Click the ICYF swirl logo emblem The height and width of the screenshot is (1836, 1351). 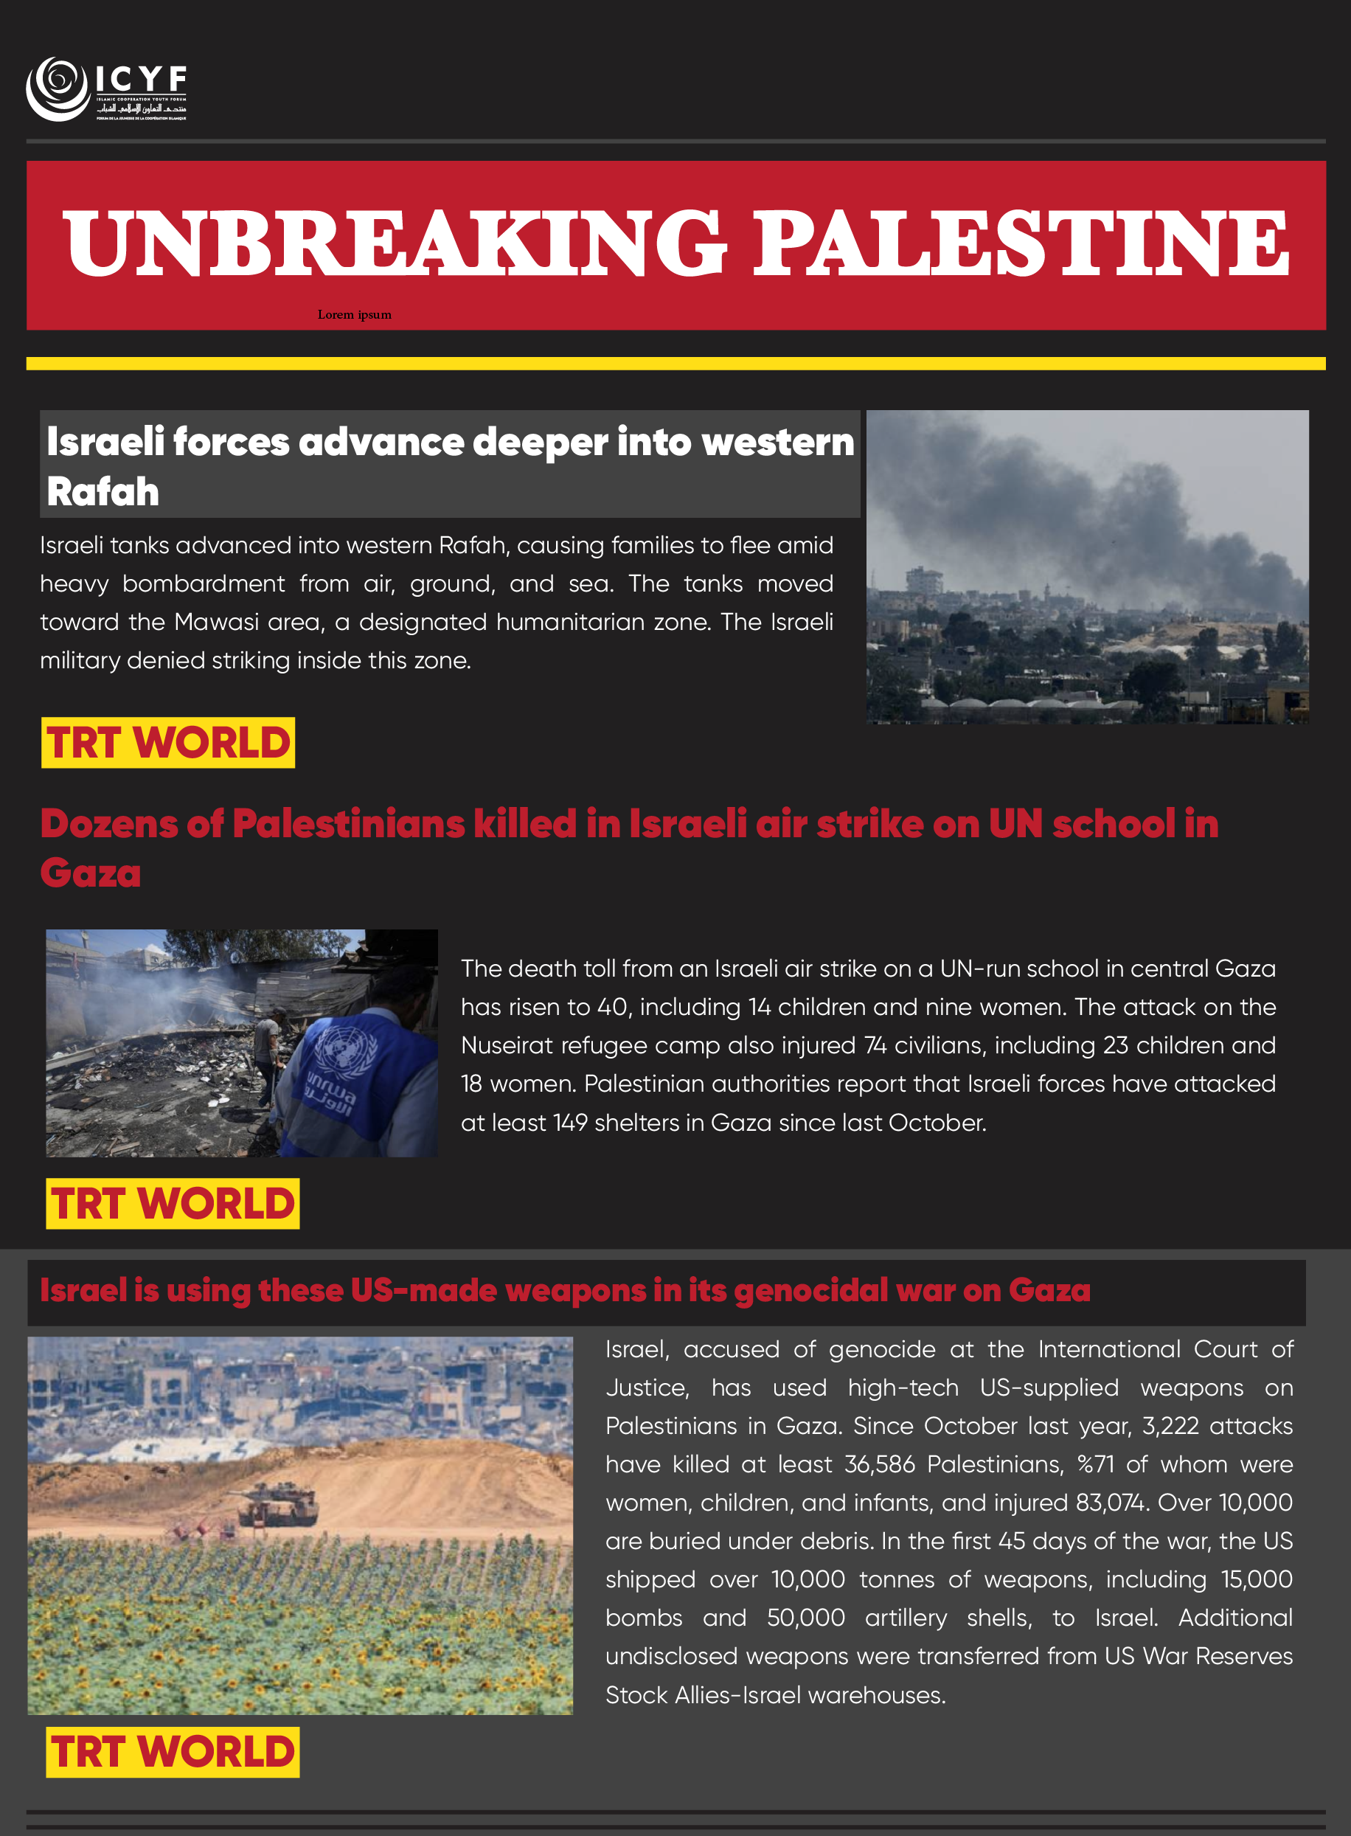[58, 89]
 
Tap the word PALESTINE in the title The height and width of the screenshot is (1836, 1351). [1020, 243]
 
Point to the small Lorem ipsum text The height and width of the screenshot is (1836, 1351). [354, 315]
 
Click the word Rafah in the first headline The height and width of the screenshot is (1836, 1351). [103, 492]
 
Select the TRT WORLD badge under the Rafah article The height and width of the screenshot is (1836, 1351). [167, 743]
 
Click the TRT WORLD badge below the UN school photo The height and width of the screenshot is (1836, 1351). [173, 1203]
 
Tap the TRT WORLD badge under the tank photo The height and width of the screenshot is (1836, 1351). [173, 1752]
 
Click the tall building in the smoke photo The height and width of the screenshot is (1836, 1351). [925, 582]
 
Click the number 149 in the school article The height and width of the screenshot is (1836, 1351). [570, 1123]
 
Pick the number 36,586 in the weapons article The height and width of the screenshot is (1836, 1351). [879, 1465]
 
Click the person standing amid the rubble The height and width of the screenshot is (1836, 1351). [265, 1055]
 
